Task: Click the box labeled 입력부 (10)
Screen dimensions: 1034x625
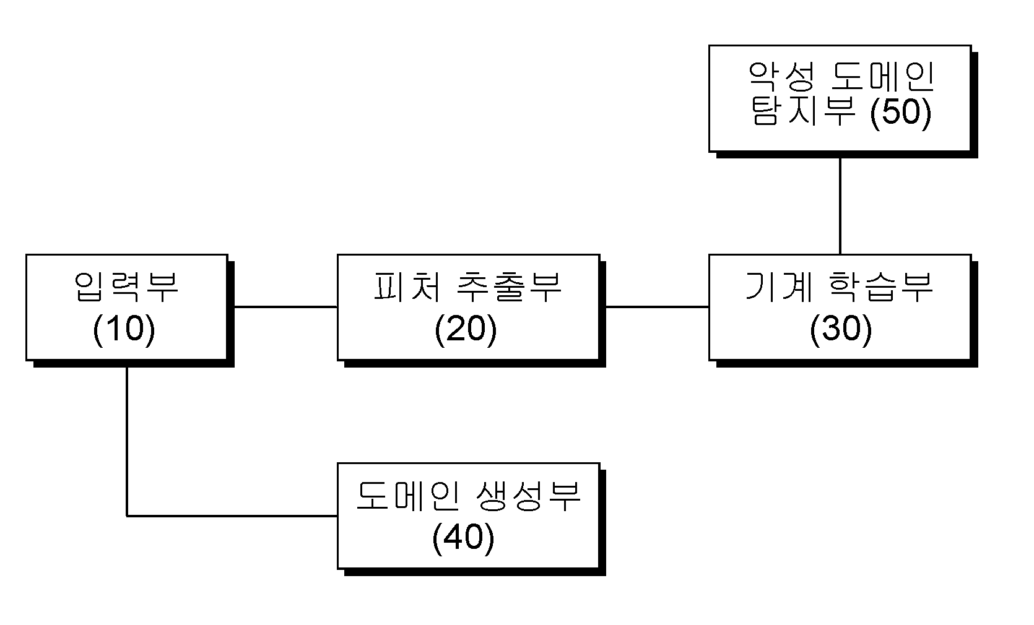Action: [x=127, y=307]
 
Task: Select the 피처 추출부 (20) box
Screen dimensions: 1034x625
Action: [x=469, y=307]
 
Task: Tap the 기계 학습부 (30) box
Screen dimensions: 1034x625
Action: [x=840, y=307]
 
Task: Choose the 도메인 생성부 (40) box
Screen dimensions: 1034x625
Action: [x=469, y=515]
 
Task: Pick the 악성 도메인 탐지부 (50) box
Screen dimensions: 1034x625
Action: [x=840, y=98]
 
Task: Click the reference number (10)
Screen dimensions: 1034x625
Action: [x=124, y=329]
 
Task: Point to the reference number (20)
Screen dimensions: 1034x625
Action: [x=466, y=329]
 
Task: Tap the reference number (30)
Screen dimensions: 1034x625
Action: [x=841, y=329]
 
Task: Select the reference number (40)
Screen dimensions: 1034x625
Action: [x=464, y=538]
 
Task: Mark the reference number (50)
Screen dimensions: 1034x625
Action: [x=901, y=113]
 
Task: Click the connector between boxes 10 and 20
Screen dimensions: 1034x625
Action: [x=285, y=307]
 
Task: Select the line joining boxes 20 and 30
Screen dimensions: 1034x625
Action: [x=658, y=307]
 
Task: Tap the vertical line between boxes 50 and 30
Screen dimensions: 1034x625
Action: [x=840, y=206]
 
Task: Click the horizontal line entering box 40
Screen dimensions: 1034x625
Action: [x=232, y=515]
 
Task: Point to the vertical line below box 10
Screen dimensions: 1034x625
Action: [x=127, y=441]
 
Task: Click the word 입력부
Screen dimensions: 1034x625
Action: [x=126, y=287]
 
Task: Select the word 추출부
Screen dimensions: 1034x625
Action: [x=509, y=287]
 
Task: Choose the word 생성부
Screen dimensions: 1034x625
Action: [x=528, y=496]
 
